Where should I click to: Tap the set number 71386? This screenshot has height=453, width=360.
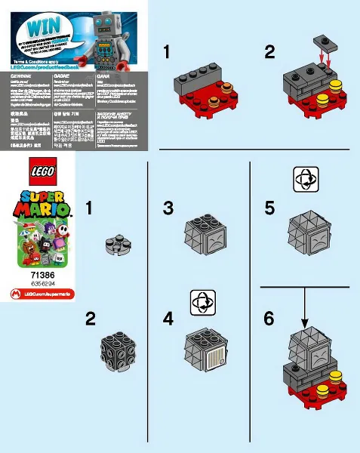pyautogui.click(x=42, y=278)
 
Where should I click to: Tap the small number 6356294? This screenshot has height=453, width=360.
pyautogui.click(x=42, y=285)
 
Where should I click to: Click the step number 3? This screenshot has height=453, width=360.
pyautogui.click(x=169, y=208)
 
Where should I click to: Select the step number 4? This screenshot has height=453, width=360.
pyautogui.click(x=168, y=318)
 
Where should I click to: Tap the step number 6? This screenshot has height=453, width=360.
pyautogui.click(x=269, y=318)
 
